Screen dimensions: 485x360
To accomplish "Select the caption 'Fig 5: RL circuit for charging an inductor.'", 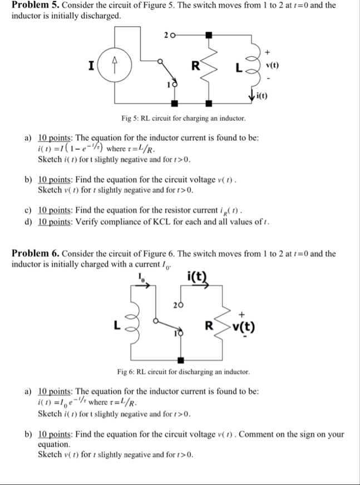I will pyautogui.click(x=183, y=119).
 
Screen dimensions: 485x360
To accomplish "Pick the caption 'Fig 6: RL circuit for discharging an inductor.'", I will pyautogui.click(x=183, y=371).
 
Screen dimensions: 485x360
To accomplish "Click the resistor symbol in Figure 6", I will pyautogui.click(x=223, y=324).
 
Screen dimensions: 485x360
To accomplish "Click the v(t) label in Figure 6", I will pyautogui.click(x=244, y=326).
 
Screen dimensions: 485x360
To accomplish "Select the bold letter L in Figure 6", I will pyautogui.click(x=117, y=325).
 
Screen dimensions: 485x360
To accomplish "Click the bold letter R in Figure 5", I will pyautogui.click(x=195, y=67).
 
